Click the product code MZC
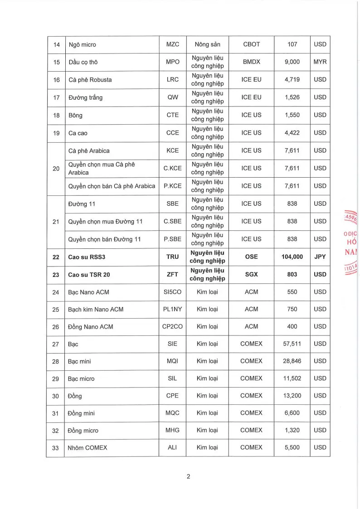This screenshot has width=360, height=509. click(173, 44)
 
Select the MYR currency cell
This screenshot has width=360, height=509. click(320, 62)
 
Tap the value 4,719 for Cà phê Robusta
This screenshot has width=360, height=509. click(292, 80)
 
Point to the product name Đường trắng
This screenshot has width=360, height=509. click(85, 97)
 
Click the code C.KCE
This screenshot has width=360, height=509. click(173, 168)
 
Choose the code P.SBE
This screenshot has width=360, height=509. click(173, 239)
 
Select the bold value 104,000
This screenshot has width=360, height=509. click(292, 257)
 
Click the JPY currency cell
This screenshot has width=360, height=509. click(320, 257)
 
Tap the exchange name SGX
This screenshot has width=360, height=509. click(251, 274)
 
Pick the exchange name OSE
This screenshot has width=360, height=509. click(251, 257)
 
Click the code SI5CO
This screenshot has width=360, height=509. click(173, 292)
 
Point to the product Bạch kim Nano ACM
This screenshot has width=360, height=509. click(95, 309)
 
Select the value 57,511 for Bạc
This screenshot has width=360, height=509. click(292, 344)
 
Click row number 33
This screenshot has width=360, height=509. click(56, 447)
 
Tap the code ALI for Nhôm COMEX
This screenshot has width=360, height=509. click(173, 447)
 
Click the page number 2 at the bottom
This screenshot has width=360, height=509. click(188, 476)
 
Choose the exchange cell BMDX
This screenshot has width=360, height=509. click(251, 62)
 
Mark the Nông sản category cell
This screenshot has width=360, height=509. click(207, 44)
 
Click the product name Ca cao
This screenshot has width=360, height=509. click(78, 133)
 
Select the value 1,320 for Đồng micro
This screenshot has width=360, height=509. click(292, 430)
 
